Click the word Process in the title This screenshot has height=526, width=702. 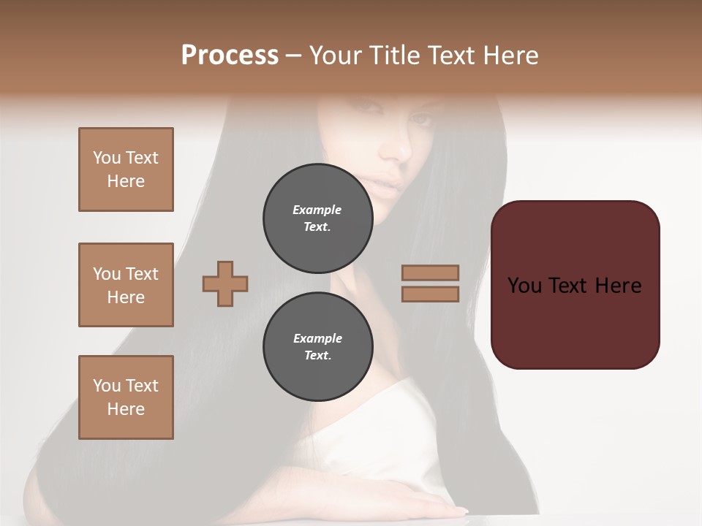click(230, 56)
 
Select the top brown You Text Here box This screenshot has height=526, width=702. click(126, 169)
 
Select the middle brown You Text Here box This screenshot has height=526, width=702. click(126, 285)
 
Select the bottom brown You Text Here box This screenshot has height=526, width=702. click(126, 397)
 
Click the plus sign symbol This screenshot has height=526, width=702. click(225, 283)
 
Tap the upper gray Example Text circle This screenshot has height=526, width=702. click(317, 218)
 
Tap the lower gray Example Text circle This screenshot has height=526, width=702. click(317, 346)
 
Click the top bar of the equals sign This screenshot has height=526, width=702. click(431, 272)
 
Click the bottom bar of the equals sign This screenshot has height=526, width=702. click(431, 294)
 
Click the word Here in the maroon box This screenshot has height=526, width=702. click(618, 286)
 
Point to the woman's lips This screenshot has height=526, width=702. click(386, 185)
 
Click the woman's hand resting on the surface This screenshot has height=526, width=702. click(409, 500)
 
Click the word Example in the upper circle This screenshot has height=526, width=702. click(317, 210)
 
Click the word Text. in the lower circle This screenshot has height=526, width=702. click(317, 355)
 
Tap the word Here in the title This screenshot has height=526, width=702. click(511, 56)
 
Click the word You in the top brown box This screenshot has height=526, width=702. click(107, 158)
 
